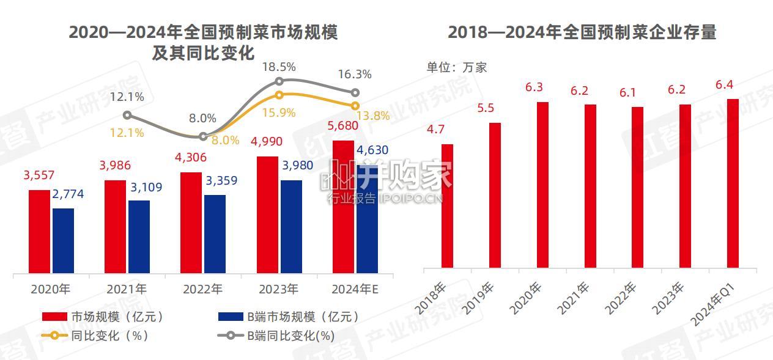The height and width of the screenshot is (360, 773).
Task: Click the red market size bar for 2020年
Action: tap(39, 232)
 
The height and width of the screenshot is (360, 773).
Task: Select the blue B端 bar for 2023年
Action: tap(291, 227)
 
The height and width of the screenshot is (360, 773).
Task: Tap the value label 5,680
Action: tap(342, 126)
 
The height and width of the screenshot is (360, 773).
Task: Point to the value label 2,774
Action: tap(68, 194)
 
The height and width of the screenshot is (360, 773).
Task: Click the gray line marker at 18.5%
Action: tap(279, 81)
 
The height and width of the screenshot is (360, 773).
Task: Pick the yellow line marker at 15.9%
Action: tap(279, 95)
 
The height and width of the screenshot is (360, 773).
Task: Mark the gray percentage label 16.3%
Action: tap(355, 74)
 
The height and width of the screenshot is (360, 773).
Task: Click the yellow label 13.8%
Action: tap(373, 116)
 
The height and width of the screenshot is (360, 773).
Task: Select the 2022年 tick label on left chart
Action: tap(203, 289)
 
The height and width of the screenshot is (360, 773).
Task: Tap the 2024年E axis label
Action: tap(355, 289)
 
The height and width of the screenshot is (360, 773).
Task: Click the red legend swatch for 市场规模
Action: tap(54, 317)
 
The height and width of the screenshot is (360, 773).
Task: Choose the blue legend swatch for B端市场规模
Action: tap(231, 317)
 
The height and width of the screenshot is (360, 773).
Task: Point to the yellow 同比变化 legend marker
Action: tap(54, 336)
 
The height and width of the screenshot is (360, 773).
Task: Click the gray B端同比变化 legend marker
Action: tap(231, 336)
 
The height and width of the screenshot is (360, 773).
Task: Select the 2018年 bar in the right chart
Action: tap(447, 206)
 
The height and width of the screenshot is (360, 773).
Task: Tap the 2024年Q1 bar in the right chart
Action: tap(733, 183)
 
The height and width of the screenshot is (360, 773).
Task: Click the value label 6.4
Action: tap(724, 85)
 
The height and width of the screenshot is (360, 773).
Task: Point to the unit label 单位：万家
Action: tap(457, 67)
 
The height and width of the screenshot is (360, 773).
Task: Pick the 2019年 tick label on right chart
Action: tap(478, 298)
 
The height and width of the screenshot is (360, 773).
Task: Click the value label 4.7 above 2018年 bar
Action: tap(435, 130)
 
